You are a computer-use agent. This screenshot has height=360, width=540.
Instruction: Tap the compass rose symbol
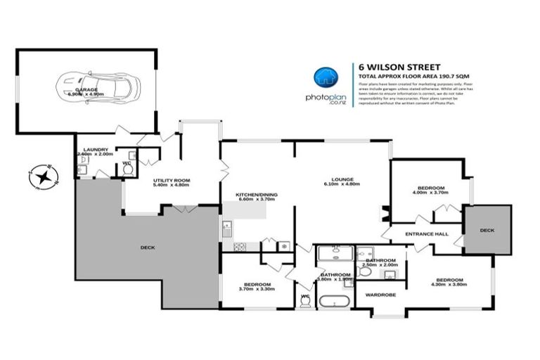click(44, 175)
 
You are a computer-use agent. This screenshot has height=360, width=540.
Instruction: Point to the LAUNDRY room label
click(94, 149)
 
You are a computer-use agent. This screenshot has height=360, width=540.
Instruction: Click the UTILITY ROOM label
click(172, 181)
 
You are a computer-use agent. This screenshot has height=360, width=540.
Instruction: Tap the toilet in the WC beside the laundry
click(128, 169)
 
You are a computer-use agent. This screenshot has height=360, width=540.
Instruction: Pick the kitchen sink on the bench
click(227, 228)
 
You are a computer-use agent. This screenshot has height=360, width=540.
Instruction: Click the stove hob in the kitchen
click(239, 246)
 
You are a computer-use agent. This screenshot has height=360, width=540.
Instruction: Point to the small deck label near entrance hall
click(487, 229)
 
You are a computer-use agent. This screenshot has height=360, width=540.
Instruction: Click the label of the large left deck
click(148, 247)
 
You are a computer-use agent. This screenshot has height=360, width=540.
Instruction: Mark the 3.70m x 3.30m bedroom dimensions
click(257, 288)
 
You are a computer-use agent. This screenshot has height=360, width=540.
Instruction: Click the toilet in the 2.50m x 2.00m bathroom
click(365, 271)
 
